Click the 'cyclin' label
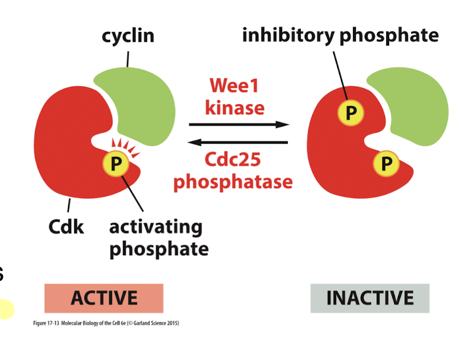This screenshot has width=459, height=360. coord(128,36)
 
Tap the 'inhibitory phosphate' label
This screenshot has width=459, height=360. coord(340,36)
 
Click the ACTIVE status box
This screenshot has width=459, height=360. coord(104,298)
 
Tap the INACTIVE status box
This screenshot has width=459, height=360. coord(369,298)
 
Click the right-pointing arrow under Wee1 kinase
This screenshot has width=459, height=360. coord(239,124)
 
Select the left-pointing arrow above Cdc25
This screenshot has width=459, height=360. coord(239,142)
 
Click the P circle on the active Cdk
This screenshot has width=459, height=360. coord(116,164)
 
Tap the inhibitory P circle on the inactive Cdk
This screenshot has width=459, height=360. coord(349,112)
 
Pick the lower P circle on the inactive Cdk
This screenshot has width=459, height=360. coord(386,164)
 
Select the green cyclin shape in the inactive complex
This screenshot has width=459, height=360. coord(414,102)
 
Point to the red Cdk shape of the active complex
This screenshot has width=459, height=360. coord(64,151)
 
